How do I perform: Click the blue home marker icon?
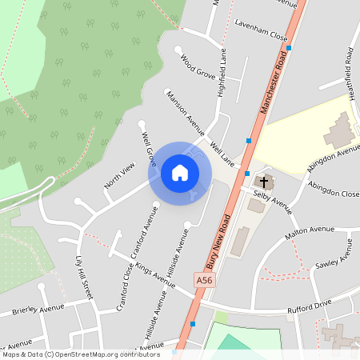pyautogui.click(x=180, y=172)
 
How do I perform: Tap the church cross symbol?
pyautogui.click(x=264, y=182)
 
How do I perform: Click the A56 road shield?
pyautogui.click(x=205, y=279)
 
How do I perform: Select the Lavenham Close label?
pyautogui.click(x=261, y=36)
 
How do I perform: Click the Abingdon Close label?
pyautogui.click(x=333, y=193)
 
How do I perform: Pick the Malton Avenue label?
pyautogui.click(x=310, y=233)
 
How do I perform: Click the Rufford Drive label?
pyautogui.click(x=309, y=304)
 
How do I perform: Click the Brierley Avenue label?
pyautogui.click(x=37, y=310)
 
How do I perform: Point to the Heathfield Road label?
pyautogui.click(x=350, y=67)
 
